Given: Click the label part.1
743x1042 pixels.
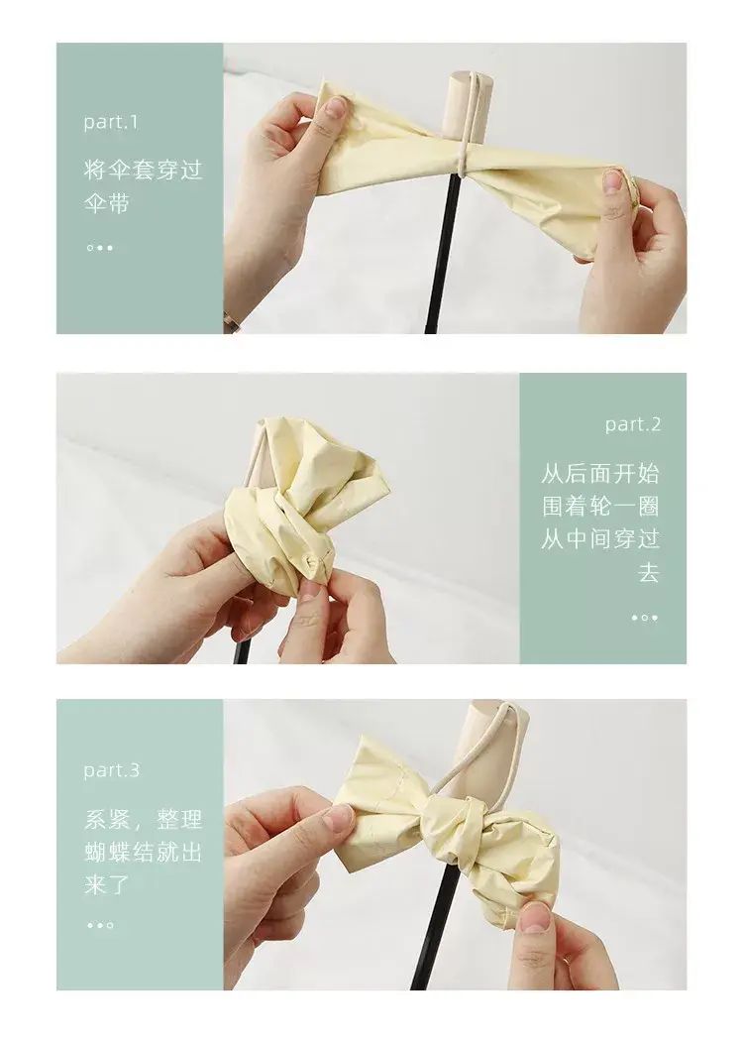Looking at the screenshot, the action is coord(110,122).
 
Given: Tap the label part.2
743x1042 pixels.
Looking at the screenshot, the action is coord(633,424).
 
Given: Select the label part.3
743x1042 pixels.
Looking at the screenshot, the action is coord(112,770).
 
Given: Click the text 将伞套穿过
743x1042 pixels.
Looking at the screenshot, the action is coord(143,170).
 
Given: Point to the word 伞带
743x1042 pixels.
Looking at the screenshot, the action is coord(106,202).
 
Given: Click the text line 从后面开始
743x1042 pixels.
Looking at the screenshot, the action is coord(600,474).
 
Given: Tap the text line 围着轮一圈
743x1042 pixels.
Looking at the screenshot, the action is coord(600,507).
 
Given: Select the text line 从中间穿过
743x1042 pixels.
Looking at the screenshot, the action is coord(600,539).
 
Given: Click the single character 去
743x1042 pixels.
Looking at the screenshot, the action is coord(649,571).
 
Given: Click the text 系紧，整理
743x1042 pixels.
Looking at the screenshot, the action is coord(143,819).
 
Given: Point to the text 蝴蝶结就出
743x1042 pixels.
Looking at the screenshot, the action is coord(143,852).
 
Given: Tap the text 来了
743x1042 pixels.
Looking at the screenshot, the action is coord(106,884).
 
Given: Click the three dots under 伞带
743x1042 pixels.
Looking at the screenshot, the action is coord(100,248).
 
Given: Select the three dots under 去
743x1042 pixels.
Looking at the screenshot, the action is coord(645,618).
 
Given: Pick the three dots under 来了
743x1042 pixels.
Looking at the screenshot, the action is coord(100,925).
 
